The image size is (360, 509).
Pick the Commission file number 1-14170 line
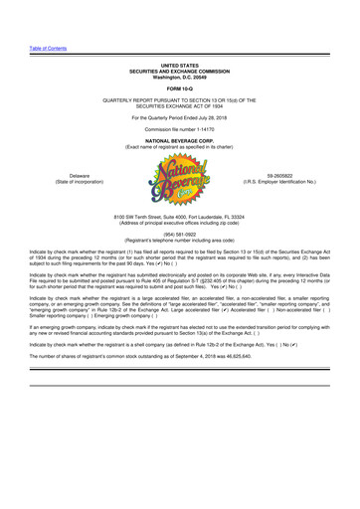click(x=180, y=130)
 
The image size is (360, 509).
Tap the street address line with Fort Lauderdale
click(x=180, y=216)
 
